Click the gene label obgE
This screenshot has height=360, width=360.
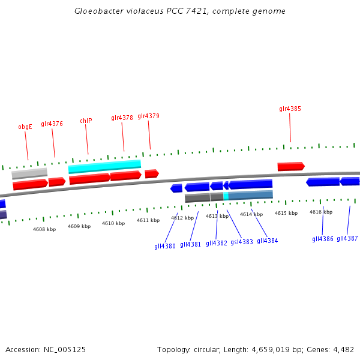tap(25, 127)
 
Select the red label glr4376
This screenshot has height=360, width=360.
tap(52, 124)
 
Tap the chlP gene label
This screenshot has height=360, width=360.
tap(86, 121)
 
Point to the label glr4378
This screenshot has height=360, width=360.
tap(122, 118)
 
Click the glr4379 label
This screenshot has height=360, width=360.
tap(148, 116)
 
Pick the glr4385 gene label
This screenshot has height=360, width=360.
tap(290, 109)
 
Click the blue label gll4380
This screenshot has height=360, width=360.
tap(165, 246)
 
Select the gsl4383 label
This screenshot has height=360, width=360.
tap(242, 242)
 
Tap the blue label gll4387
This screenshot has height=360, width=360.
tap(347, 238)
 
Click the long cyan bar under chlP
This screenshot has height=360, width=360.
tap(104, 166)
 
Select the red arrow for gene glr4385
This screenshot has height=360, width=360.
tap(291, 166)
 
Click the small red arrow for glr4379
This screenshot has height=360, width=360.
tap(151, 173)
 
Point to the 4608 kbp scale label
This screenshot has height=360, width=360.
tap(44, 229)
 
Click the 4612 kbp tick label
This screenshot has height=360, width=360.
tap(182, 218)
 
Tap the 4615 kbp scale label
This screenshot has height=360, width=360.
tap(286, 213)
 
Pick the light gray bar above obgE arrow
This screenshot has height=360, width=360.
tap(29, 173)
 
